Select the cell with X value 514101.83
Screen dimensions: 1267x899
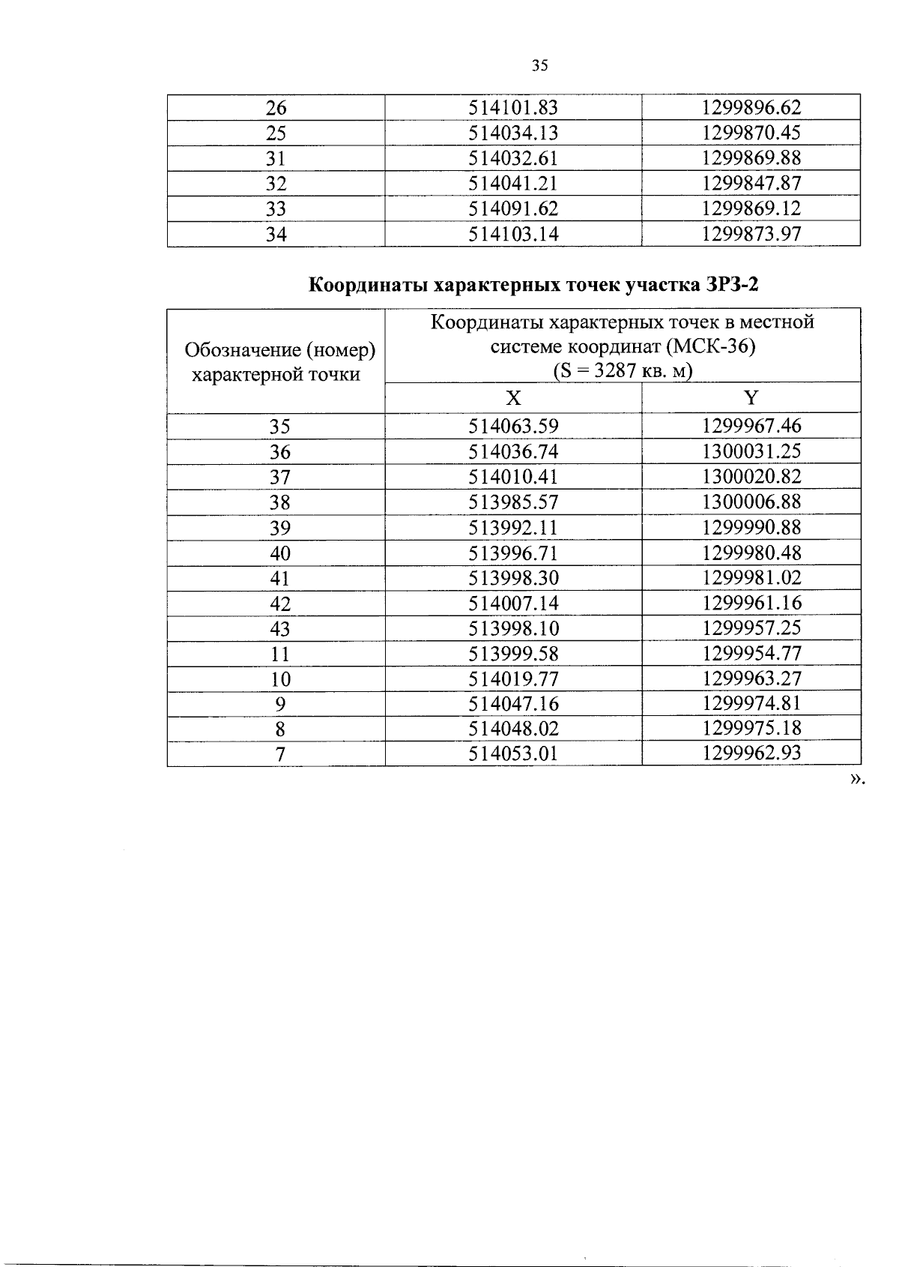[x=513, y=108]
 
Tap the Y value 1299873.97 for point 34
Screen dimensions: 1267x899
[x=751, y=235]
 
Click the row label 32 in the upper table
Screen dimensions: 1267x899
[x=276, y=184]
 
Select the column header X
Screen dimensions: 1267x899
[x=513, y=398]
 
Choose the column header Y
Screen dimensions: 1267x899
[x=751, y=398]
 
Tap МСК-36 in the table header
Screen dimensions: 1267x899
[x=710, y=347]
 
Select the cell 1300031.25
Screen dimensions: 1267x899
[x=751, y=452]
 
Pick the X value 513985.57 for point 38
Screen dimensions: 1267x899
[x=513, y=502]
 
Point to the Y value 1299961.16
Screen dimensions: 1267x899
[x=751, y=604]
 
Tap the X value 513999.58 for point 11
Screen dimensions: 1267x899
[x=513, y=654]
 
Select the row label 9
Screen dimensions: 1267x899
[x=280, y=705]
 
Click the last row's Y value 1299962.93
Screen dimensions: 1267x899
[x=751, y=753]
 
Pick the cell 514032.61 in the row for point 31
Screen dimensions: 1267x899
[x=513, y=159]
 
